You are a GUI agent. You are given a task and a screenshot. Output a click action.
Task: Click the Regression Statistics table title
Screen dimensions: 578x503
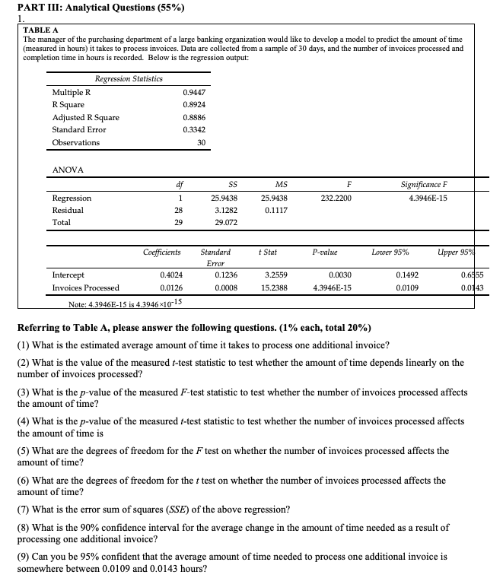pyautogui.click(x=128, y=78)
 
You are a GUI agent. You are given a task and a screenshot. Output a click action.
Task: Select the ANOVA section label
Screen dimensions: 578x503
pyautogui.click(x=68, y=169)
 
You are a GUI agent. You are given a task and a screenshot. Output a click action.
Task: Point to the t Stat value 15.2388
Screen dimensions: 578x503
pyautogui.click(x=275, y=288)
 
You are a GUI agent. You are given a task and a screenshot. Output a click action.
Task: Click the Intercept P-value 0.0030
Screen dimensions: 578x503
pyautogui.click(x=339, y=275)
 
